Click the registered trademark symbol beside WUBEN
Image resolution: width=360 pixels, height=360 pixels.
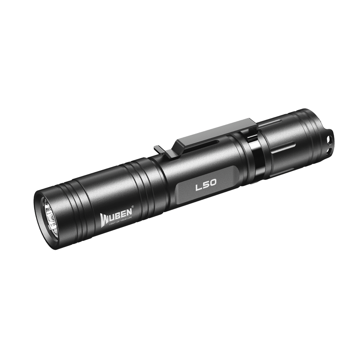133,207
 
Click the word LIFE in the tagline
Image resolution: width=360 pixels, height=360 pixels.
131,218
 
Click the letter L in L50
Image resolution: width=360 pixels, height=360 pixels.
197,188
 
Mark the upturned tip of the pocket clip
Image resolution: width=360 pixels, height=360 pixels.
157,148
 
